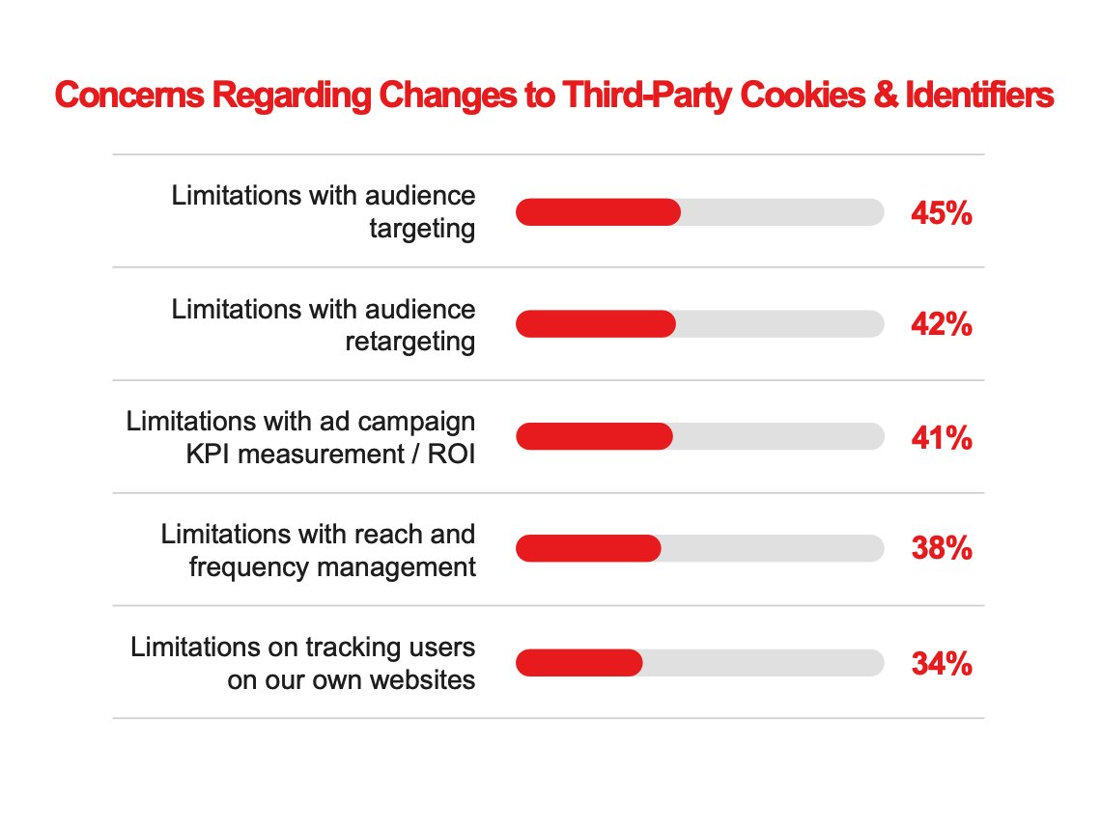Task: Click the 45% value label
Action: point(941,213)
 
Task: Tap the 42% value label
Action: point(941,325)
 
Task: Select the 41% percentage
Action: point(941,438)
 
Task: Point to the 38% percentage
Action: point(941,550)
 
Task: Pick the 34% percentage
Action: point(941,664)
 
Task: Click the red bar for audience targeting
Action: point(598,212)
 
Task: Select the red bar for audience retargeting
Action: point(595,324)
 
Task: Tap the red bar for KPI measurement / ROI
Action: point(594,437)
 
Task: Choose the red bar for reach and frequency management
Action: point(588,549)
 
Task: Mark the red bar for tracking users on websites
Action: point(579,663)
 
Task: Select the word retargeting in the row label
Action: point(410,343)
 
